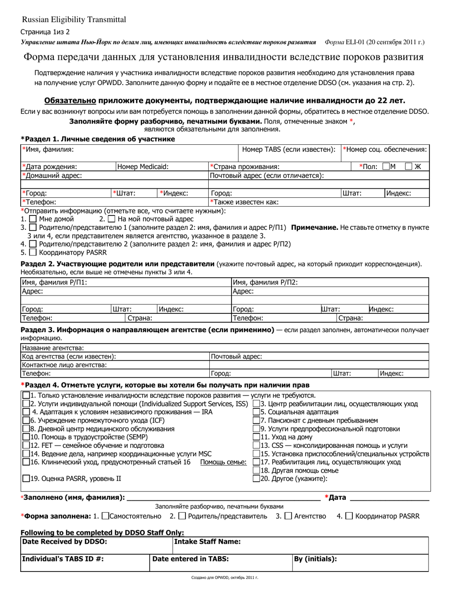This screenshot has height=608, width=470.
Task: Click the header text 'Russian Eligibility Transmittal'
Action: tap(74, 20)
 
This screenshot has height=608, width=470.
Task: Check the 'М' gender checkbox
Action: tap(386, 167)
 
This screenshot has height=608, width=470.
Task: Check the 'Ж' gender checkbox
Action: tap(408, 167)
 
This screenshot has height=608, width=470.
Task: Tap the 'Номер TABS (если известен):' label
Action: tap(288, 149)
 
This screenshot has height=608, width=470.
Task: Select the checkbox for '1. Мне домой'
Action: tap(33, 218)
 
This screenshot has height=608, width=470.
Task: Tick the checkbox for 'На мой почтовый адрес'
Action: tap(111, 218)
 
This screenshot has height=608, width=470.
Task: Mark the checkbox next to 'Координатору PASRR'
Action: tap(33, 252)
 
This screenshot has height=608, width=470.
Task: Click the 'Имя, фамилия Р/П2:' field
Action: tap(329, 282)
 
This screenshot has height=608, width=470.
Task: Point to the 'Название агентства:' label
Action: tap(52, 348)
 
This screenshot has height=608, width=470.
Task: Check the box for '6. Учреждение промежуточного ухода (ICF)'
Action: tap(26, 420)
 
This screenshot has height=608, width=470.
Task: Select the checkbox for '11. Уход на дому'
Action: tap(256, 437)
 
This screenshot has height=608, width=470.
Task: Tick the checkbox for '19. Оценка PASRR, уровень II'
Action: tap(26, 478)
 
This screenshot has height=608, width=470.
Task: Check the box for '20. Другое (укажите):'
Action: tap(256, 478)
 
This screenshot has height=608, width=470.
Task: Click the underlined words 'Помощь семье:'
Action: tap(223, 462)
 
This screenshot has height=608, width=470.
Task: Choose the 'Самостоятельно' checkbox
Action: tap(105, 516)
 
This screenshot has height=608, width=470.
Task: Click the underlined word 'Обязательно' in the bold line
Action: tap(70, 100)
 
